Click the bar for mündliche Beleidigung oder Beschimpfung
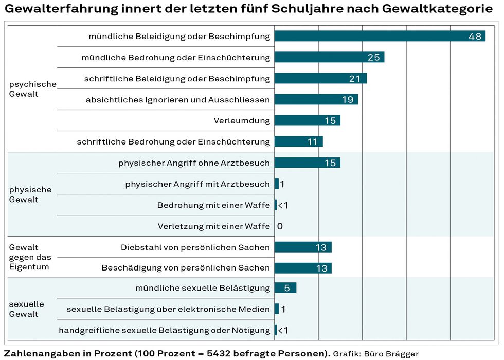380,36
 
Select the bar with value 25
329,57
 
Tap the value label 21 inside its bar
355,78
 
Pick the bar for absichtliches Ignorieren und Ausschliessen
316,99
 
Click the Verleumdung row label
242,121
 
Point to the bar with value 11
298,141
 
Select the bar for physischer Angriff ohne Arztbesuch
307,163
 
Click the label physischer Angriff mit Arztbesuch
197,184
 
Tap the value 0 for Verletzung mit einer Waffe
280,226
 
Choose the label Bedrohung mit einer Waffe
213,205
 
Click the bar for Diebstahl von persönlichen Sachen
302,247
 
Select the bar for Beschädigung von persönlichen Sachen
302,268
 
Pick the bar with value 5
285,288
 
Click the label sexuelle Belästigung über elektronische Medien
168,309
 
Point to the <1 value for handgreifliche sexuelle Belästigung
283,330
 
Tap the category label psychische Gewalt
32,89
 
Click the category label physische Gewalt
30,194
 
